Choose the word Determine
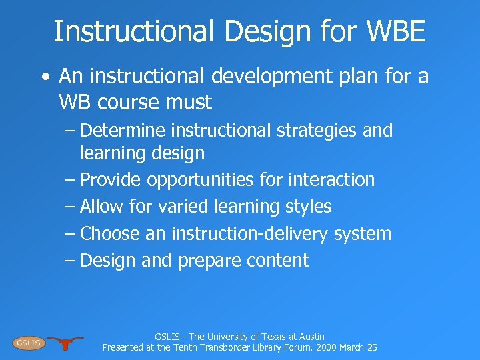[123, 131]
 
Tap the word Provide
[111, 180]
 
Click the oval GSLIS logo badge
[28, 343]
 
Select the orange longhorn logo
[65, 343]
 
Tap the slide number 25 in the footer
[372, 347]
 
